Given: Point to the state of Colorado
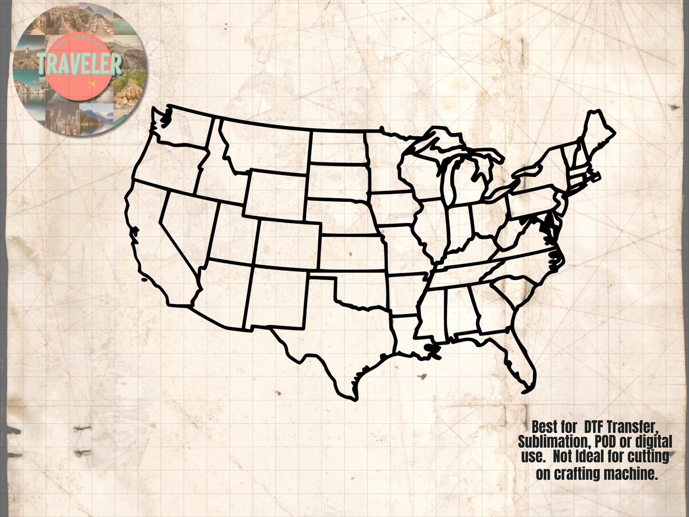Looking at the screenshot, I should pyautogui.click(x=289, y=245).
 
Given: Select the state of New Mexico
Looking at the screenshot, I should pyautogui.click(x=278, y=300).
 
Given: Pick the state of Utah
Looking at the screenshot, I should pyautogui.click(x=230, y=234).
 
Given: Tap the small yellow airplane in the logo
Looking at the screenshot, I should pyautogui.click(x=92, y=83).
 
